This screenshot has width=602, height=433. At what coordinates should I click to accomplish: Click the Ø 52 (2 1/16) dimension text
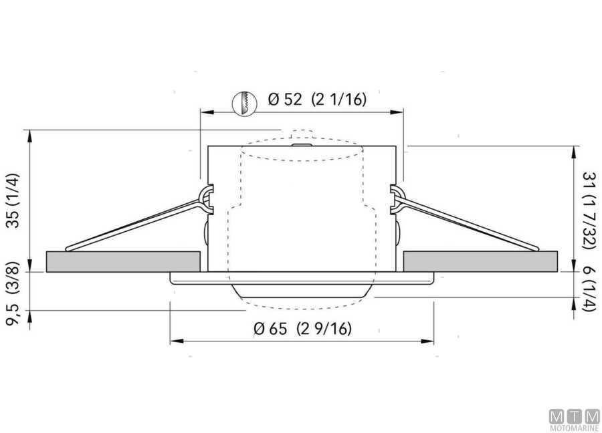(318, 100)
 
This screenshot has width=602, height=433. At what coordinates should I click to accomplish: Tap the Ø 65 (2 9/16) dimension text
(304, 329)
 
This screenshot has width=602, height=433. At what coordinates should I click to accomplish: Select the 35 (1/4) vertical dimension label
(13, 201)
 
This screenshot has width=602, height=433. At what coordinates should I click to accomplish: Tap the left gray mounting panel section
(123, 261)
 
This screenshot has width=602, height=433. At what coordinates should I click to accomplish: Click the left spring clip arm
(134, 224)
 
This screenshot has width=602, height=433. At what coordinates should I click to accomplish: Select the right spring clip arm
(468, 224)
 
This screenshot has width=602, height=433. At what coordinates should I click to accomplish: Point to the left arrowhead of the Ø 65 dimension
(175, 341)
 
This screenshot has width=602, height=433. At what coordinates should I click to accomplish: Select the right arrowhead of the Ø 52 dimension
(399, 112)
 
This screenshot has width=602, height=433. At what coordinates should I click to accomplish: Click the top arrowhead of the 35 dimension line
(30, 134)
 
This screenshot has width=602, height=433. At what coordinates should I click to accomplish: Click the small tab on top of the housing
(300, 142)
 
